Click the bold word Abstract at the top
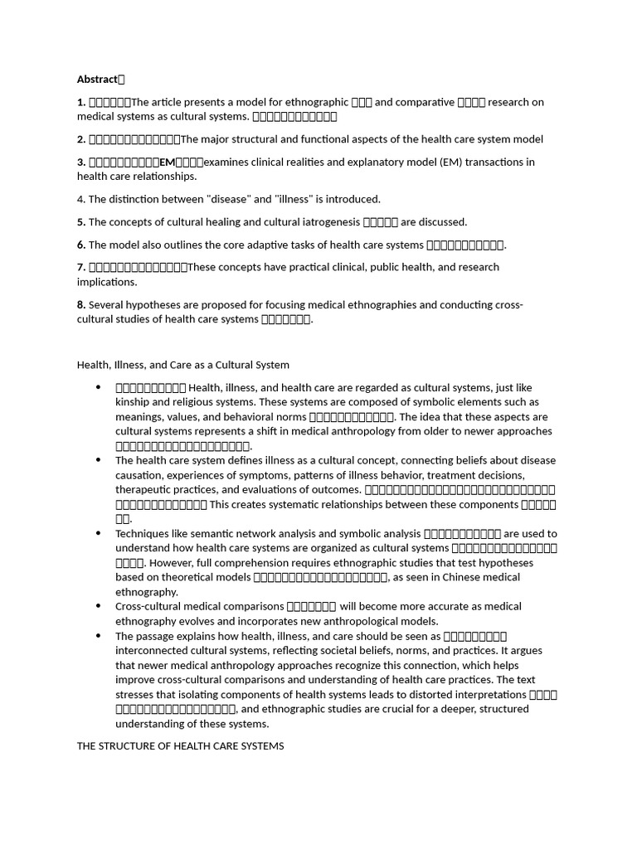tap(97, 80)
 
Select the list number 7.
tap(80, 267)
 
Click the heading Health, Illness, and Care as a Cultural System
tap(183, 364)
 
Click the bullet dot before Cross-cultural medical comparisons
tap(98, 606)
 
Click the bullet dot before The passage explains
tap(98, 636)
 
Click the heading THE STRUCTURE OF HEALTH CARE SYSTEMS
tap(180, 746)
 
